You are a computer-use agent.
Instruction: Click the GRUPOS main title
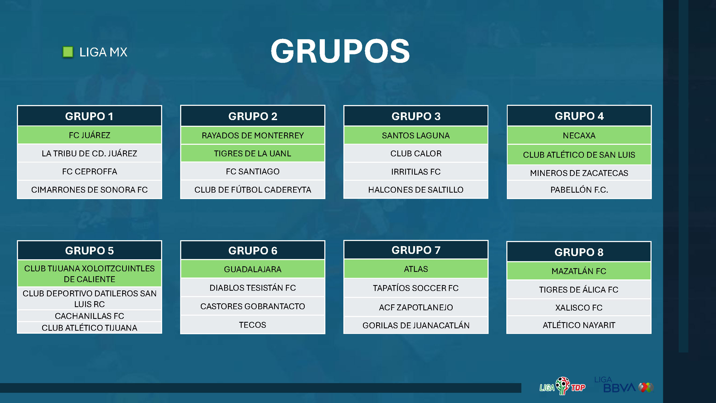340,51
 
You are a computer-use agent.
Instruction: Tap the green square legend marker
68,52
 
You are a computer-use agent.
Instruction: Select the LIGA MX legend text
103,52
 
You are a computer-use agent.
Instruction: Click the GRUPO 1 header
89,116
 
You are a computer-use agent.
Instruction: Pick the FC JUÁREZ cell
89,135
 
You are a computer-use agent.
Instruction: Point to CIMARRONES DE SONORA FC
89,190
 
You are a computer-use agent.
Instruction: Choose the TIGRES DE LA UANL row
253,153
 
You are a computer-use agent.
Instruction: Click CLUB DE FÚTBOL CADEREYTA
253,190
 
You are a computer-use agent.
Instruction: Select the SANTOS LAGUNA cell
416,135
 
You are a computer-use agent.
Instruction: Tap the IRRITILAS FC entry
416,172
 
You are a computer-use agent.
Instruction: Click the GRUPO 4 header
579,116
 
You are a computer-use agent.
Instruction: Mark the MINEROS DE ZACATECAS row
579,173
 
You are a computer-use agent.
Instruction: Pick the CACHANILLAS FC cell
89,316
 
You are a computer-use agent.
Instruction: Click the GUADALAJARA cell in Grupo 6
253,269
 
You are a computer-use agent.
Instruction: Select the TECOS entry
253,325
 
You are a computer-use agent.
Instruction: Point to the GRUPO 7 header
416,250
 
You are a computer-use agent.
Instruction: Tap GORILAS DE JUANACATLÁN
416,325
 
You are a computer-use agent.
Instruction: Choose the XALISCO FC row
579,308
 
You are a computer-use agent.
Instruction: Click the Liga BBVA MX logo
624,384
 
